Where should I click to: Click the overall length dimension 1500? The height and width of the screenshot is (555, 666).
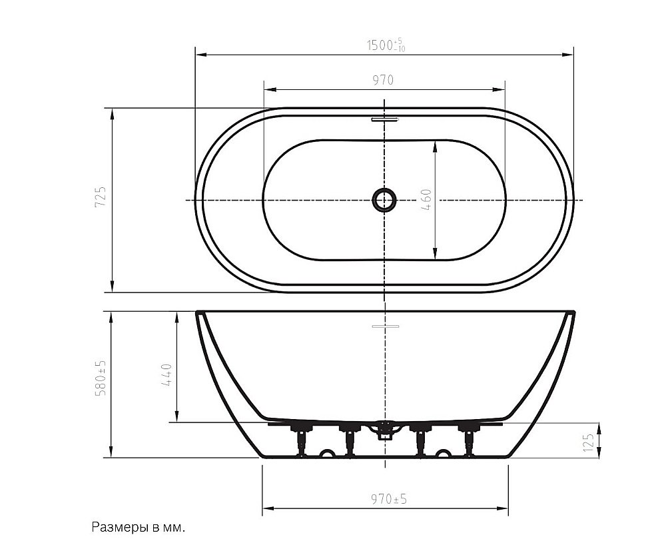pyautogui.click(x=386, y=45)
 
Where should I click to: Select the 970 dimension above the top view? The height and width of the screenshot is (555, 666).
pyautogui.click(x=383, y=81)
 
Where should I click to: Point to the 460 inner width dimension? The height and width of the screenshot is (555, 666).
pyautogui.click(x=426, y=200)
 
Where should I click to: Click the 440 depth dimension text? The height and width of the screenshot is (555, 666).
pyautogui.click(x=166, y=375)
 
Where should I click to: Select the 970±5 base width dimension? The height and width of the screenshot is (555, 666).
pyautogui.click(x=385, y=499)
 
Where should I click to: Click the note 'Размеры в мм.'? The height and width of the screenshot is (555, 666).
pyautogui.click(x=138, y=527)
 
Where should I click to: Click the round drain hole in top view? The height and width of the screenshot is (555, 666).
pyautogui.click(x=384, y=199)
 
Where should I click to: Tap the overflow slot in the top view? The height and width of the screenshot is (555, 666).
pyautogui.click(x=384, y=120)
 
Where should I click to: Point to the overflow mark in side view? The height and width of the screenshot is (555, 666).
pyautogui.click(x=384, y=326)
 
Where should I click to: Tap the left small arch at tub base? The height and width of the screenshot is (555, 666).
pyautogui.click(x=328, y=454)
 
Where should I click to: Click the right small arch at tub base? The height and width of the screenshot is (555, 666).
pyautogui.click(x=443, y=454)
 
